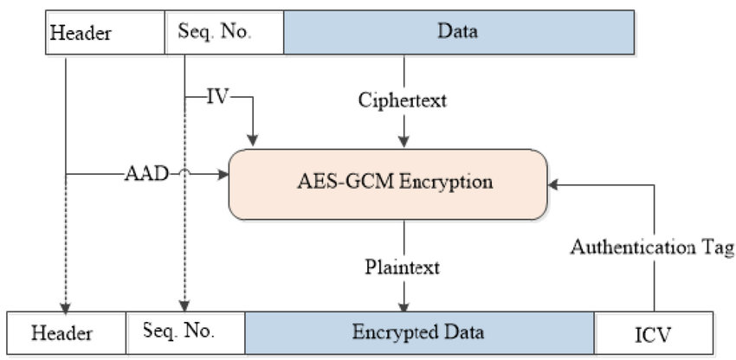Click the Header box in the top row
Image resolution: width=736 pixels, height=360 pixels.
click(105, 33)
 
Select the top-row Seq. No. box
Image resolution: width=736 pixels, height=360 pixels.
click(224, 33)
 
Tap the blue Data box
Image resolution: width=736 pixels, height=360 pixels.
click(459, 33)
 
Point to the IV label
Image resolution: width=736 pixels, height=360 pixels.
click(217, 96)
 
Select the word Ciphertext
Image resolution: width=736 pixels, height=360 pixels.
click(403, 100)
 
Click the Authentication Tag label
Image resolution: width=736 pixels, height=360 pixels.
click(651, 247)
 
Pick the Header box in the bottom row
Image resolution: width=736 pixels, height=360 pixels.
click(67, 332)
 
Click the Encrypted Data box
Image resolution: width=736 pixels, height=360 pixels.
click(420, 332)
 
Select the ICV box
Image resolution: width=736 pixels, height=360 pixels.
click(654, 332)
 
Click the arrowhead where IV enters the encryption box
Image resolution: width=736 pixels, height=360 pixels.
click(253, 139)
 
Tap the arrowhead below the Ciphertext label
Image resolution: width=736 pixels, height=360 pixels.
click(404, 139)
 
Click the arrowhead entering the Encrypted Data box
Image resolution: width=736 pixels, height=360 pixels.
click(404, 305)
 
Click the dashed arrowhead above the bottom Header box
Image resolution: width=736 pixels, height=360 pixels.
click(66, 305)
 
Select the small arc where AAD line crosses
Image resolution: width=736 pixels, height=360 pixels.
click(184, 175)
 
